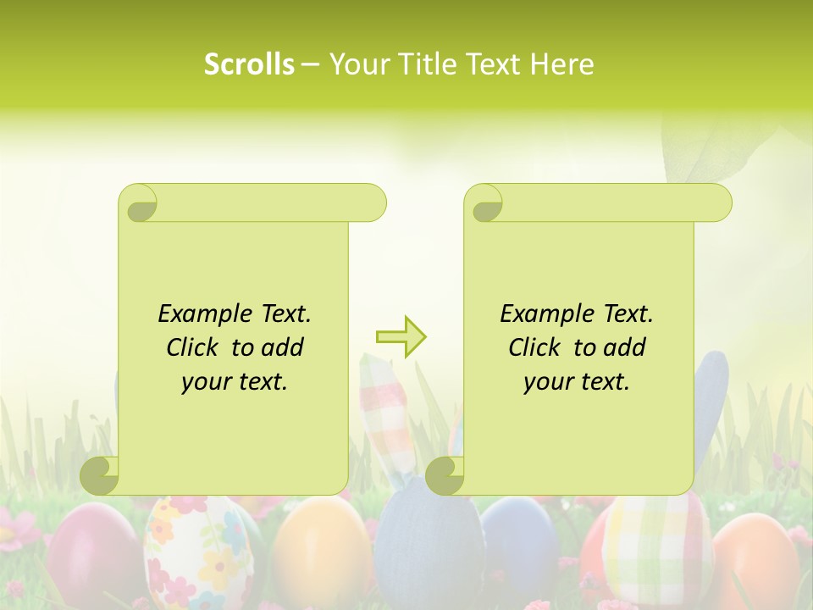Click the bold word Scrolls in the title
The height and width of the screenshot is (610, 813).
[250, 64]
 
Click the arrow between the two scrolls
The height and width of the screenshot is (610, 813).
[401, 337]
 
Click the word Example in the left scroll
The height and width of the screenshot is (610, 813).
[196, 314]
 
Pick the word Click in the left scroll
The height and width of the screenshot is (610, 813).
[195, 347]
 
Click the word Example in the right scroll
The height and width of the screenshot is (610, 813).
[539, 314]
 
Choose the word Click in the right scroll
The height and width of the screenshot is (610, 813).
[537, 347]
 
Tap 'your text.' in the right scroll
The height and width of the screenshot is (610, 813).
[577, 381]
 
